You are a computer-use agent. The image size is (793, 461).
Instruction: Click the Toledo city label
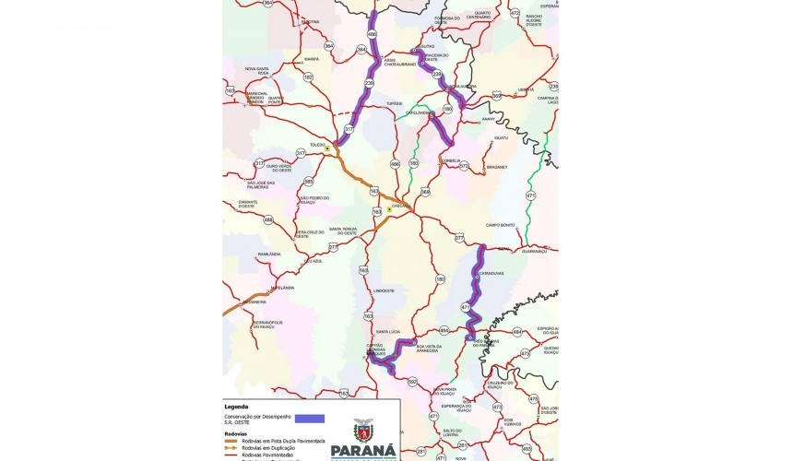(x=317, y=145)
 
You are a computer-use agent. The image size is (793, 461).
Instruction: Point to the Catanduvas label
(x=491, y=273)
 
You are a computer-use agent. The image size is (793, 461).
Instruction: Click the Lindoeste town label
(x=384, y=290)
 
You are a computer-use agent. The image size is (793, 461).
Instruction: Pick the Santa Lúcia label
(x=387, y=330)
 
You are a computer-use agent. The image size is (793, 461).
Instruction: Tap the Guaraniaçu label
(x=534, y=251)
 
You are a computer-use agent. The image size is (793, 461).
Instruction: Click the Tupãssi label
(x=395, y=103)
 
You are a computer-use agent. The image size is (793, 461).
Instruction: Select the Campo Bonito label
(x=501, y=225)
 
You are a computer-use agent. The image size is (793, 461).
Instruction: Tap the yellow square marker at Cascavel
(x=390, y=209)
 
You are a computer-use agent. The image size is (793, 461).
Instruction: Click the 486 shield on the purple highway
(x=372, y=35)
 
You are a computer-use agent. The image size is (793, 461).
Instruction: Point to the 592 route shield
(x=412, y=381)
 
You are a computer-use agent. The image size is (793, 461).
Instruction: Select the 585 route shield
(x=309, y=182)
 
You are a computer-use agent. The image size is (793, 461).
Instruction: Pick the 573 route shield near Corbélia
(x=464, y=166)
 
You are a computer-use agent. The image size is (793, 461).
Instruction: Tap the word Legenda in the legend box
(x=237, y=406)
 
